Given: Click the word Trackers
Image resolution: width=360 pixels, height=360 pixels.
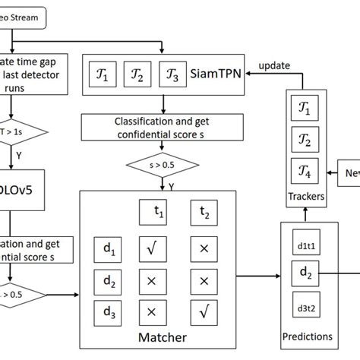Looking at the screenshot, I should (305, 197).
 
